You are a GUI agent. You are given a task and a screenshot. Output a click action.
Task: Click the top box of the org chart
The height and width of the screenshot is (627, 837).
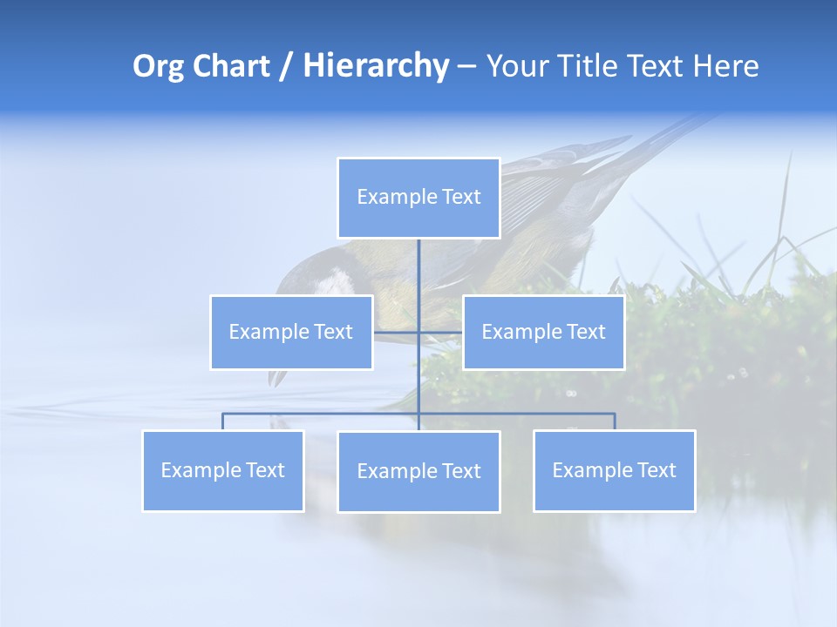(x=418, y=198)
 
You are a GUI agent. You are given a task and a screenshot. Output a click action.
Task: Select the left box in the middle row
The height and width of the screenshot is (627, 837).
(x=291, y=333)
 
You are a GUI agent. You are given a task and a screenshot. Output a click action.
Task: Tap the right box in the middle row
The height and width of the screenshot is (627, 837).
(x=543, y=333)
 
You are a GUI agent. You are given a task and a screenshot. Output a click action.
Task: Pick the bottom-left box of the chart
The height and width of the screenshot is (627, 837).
(x=223, y=471)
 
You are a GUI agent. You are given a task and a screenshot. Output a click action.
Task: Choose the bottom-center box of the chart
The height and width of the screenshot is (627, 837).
(x=418, y=472)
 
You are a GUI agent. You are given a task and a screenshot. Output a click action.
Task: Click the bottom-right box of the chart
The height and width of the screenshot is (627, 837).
(x=615, y=471)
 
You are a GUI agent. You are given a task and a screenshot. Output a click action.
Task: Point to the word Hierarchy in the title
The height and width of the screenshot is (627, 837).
(x=375, y=66)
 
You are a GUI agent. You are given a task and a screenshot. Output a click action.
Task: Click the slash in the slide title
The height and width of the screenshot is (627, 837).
(x=285, y=67)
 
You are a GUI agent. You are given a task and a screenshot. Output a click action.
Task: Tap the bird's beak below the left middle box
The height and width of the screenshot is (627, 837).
(x=277, y=377)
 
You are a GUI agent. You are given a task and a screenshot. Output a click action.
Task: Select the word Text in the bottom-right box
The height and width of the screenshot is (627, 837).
(x=657, y=471)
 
